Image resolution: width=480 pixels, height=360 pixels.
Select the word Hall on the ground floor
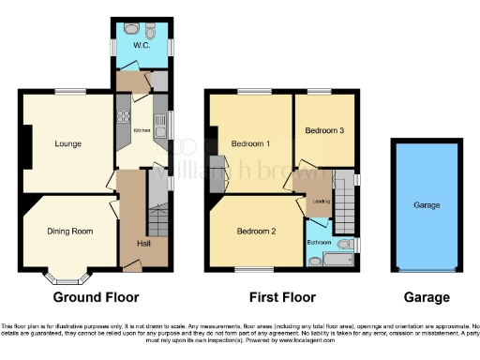point(131,241)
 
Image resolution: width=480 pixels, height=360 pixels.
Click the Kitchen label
point(142,130)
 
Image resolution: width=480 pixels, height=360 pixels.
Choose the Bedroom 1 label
point(250,143)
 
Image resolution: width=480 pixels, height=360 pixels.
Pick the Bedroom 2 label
point(254,232)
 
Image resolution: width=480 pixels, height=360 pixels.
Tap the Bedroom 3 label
point(323,130)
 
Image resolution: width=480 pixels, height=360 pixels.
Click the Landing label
point(321,201)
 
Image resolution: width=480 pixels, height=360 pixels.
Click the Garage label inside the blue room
point(427,204)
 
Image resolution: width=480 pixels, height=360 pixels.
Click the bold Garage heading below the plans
point(426,297)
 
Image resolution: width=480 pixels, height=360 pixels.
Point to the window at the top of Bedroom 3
point(323,92)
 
